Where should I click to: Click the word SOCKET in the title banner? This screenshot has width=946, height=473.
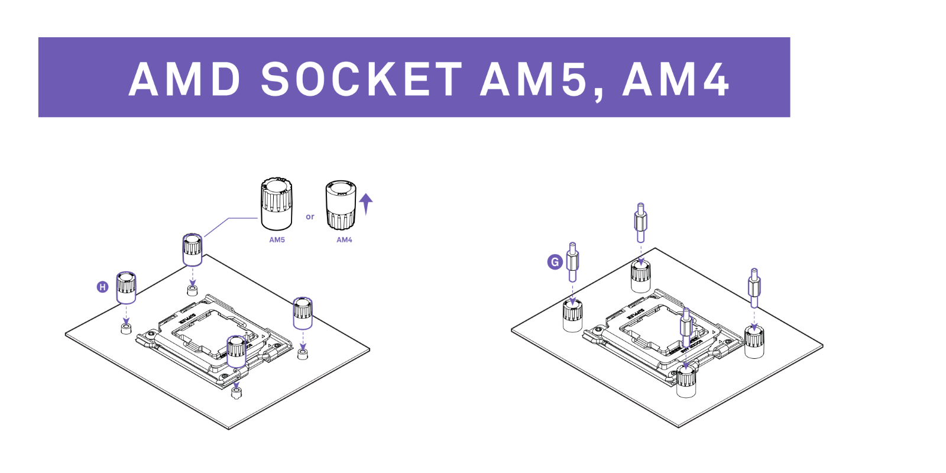click(x=361, y=79)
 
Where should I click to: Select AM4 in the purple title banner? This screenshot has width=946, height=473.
click(x=676, y=79)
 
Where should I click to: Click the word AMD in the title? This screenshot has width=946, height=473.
click(x=184, y=79)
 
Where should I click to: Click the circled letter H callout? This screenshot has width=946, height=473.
click(x=102, y=287)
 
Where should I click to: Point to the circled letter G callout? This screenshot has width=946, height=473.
click(x=555, y=262)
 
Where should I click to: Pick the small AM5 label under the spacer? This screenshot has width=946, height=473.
click(x=277, y=240)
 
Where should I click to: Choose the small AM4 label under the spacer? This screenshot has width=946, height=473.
click(x=344, y=240)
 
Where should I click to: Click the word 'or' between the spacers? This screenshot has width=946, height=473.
click(x=310, y=217)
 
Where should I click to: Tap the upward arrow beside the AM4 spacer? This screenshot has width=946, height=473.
click(x=366, y=203)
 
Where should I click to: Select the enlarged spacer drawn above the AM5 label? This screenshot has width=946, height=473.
click(x=276, y=203)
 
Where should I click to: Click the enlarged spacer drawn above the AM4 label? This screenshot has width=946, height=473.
click(x=341, y=205)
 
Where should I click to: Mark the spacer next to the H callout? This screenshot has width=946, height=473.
click(x=126, y=287)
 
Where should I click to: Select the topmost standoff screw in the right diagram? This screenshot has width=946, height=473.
click(x=640, y=222)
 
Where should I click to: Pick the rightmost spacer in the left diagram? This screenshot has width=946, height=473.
click(x=303, y=313)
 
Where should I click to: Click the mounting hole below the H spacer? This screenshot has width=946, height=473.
click(x=126, y=328)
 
